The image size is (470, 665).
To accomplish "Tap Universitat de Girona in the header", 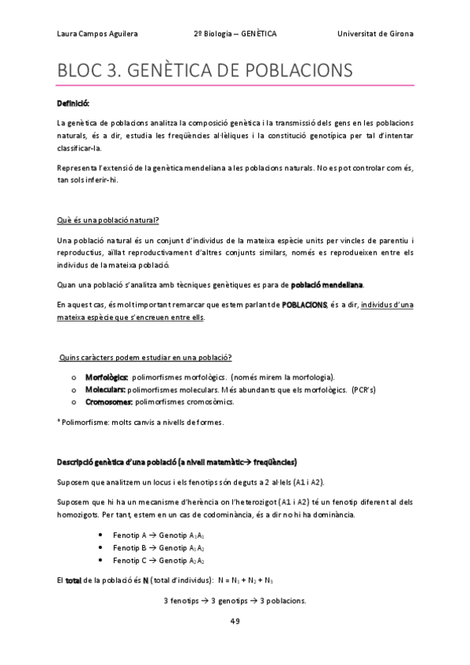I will click(x=375, y=35).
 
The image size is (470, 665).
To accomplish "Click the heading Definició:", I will click(x=73, y=104).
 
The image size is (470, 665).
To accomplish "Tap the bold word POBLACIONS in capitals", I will click(x=304, y=303).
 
